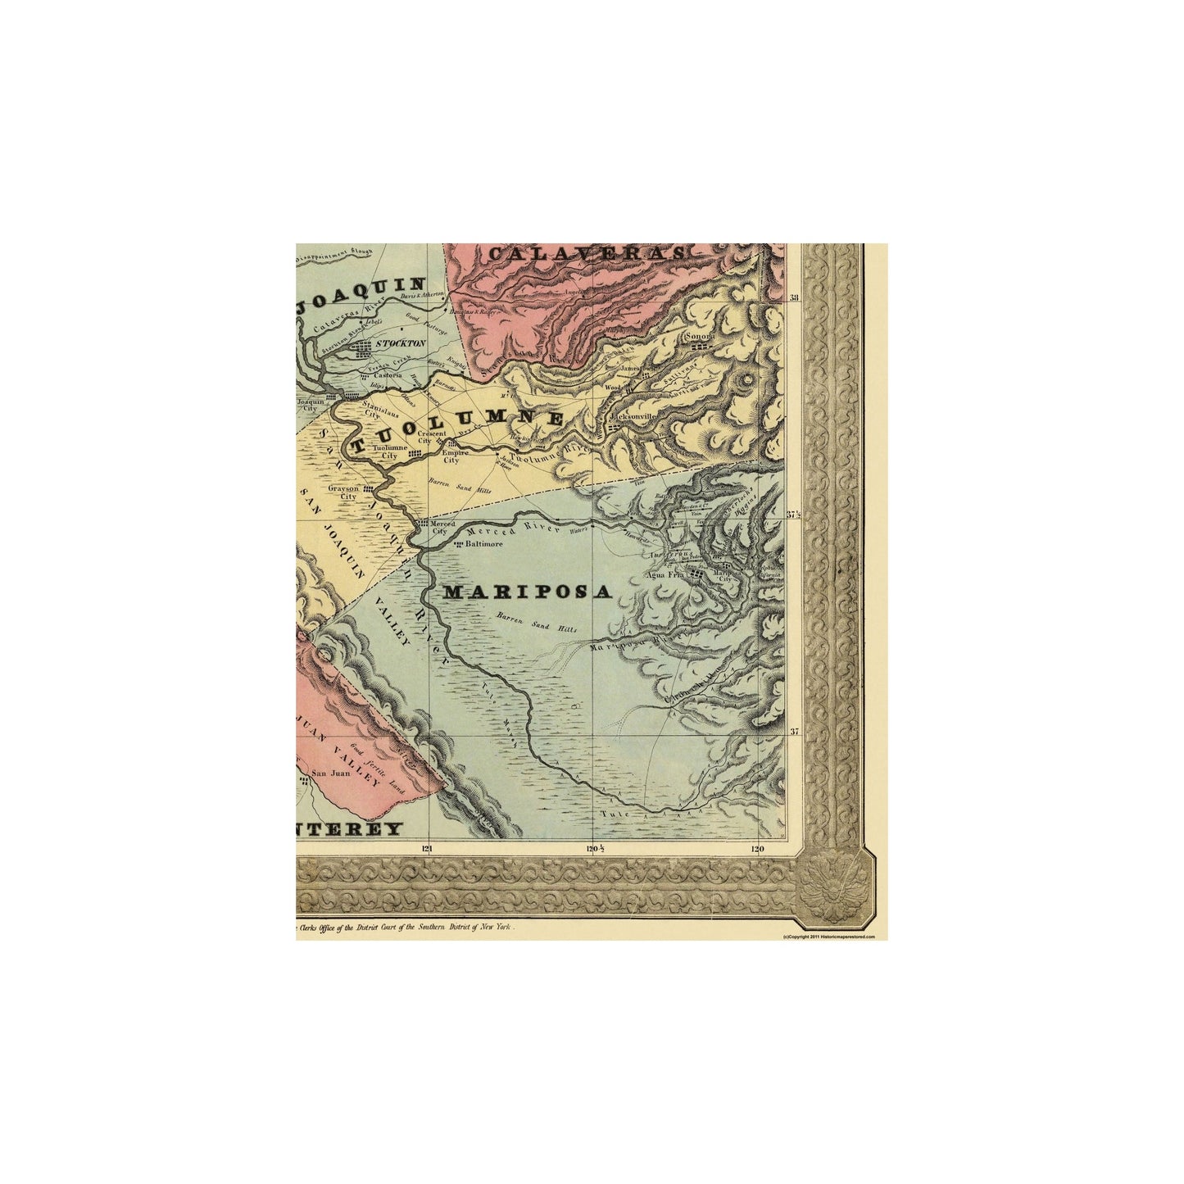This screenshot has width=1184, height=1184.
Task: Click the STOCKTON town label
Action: click(x=401, y=343)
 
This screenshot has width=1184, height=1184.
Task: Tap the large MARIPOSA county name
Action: click(x=528, y=592)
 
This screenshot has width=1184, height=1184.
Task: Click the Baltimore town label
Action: click(x=483, y=542)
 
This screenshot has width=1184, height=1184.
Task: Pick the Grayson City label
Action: click(x=342, y=492)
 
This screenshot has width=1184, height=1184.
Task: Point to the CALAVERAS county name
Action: click(x=586, y=254)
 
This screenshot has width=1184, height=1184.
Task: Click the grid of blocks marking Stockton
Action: click(x=362, y=348)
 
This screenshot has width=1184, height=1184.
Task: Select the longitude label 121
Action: click(x=426, y=849)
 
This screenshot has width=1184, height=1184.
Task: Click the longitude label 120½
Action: click(x=595, y=849)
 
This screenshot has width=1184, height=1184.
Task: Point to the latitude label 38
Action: click(x=793, y=298)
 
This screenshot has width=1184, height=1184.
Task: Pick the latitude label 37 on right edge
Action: click(x=793, y=732)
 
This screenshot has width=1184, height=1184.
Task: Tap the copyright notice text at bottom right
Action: click(x=828, y=936)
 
